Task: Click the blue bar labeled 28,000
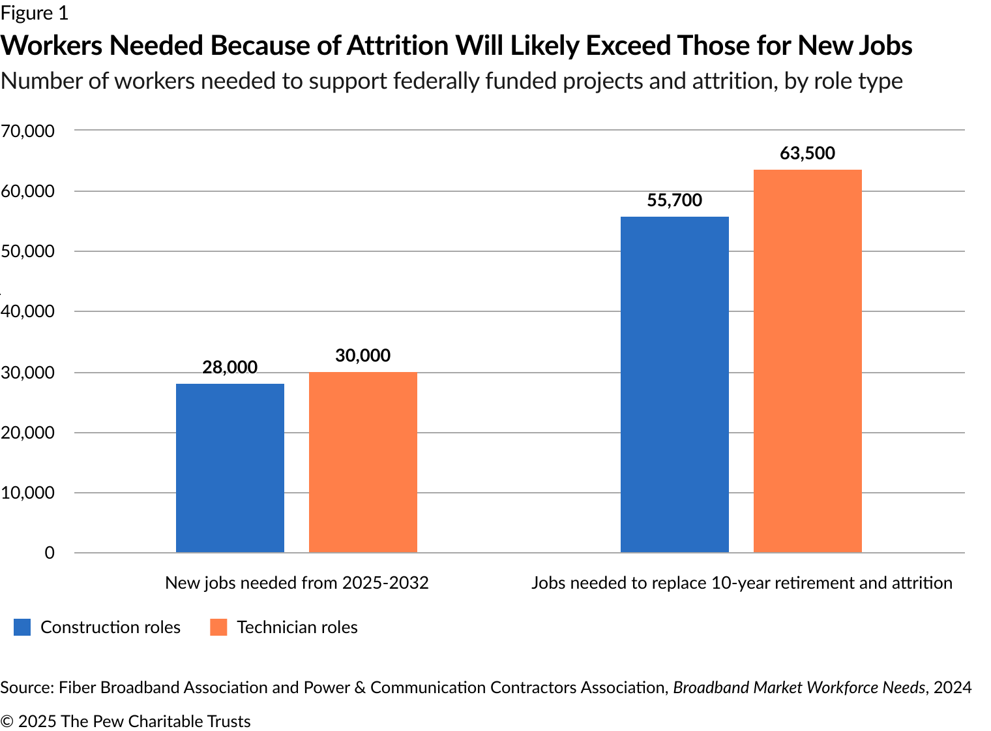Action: point(229,468)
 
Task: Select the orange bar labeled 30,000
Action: point(362,462)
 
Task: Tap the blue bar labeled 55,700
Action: point(674,384)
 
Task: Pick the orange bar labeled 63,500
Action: point(807,361)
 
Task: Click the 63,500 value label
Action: point(807,153)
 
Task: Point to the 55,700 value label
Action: point(674,200)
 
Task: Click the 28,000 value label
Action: point(229,367)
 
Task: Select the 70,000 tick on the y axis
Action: point(27,131)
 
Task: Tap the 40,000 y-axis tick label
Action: point(27,311)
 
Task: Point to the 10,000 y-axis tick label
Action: point(27,493)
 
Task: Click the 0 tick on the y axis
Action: point(50,553)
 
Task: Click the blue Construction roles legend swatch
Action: point(22,627)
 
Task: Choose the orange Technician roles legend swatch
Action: point(218,627)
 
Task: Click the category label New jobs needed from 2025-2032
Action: point(297,582)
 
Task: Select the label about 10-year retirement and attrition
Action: point(741,582)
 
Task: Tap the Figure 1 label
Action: point(34,13)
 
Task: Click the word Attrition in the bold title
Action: point(397,46)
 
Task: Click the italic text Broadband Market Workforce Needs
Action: point(799,687)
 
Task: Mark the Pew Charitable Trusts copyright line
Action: point(125,721)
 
